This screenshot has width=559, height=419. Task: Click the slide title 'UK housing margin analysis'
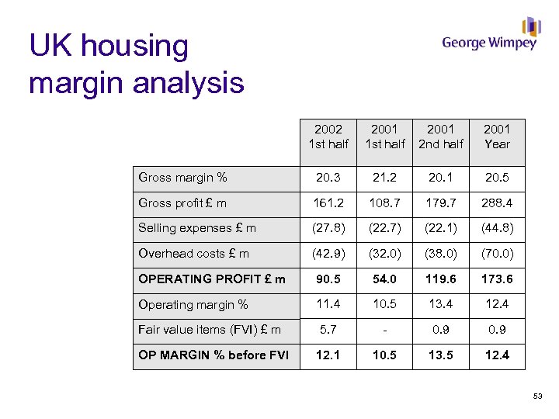point(137,64)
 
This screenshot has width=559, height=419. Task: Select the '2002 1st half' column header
point(328,137)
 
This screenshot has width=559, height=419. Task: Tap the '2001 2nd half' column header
point(440,137)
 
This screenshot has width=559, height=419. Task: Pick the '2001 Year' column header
point(497,137)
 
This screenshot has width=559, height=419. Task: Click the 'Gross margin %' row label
point(182,178)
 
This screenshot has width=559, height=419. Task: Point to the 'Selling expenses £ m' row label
point(197,228)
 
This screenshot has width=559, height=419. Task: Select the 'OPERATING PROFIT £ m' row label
point(212,279)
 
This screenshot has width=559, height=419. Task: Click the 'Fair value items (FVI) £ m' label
point(210,330)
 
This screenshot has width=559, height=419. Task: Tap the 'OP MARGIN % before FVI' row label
point(214,355)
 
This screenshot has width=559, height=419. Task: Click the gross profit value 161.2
point(328,203)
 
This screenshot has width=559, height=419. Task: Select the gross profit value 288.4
point(497,203)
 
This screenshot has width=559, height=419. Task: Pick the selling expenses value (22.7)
point(384,228)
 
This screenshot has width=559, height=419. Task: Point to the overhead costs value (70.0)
point(497,254)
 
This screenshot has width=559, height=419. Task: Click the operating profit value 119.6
point(440,279)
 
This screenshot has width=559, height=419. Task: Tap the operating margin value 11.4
point(328,304)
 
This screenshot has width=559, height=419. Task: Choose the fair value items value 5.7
point(328,330)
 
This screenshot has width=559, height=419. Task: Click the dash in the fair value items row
point(384,330)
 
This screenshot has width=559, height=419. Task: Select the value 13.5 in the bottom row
point(440,355)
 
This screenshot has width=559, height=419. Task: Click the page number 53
point(537,397)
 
